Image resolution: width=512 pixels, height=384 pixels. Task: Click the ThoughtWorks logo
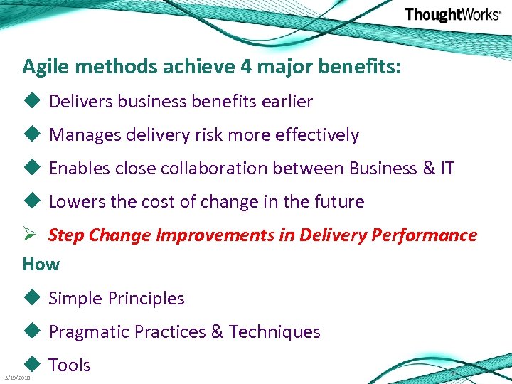pos(452,15)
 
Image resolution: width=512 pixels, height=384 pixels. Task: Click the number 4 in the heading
pos(245,68)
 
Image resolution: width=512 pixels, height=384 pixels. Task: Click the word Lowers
pos(75,202)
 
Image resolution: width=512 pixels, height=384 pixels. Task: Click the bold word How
pos(41,265)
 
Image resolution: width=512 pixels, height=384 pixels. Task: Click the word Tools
pos(70,366)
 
